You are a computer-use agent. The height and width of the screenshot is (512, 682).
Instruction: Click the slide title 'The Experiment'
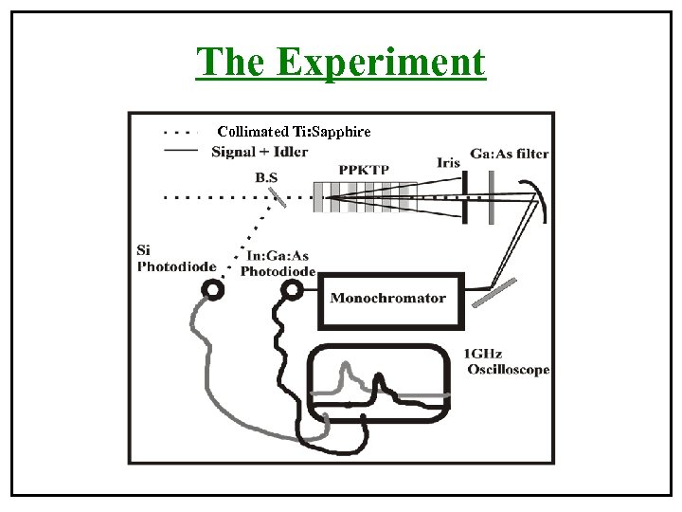coord(340,63)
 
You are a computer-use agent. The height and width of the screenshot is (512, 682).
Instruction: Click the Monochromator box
coord(389,299)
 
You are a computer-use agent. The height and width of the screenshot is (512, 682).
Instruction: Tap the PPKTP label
coord(364,169)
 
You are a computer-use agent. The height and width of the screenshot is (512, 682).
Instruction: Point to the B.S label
coord(267,176)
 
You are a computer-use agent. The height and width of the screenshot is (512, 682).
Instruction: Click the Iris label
coord(449,162)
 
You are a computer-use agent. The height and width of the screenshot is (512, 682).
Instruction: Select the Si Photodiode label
coord(175,258)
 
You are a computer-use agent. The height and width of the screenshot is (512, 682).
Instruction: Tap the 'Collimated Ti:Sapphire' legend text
coord(294,131)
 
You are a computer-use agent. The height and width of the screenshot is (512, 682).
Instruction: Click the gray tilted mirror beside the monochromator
coord(494,293)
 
